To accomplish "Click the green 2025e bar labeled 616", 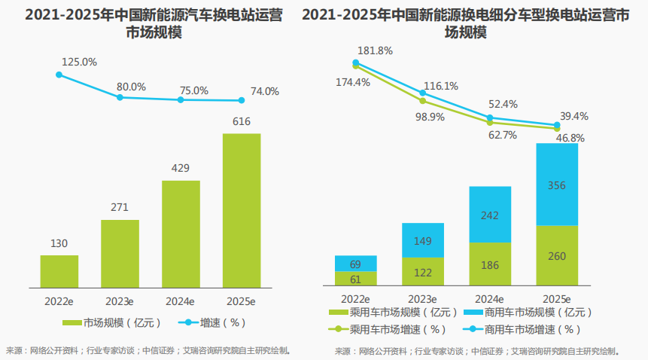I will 242,210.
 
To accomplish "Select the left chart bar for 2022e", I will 59,270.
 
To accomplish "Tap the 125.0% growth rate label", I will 81,62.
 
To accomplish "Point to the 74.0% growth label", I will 265,91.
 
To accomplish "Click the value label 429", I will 181,168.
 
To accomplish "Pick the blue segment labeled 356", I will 557,185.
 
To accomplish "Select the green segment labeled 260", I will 557,256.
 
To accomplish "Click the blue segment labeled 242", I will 490,215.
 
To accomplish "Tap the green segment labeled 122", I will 422,272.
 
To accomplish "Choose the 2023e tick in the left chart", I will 120,300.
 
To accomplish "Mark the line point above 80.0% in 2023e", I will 120,96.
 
